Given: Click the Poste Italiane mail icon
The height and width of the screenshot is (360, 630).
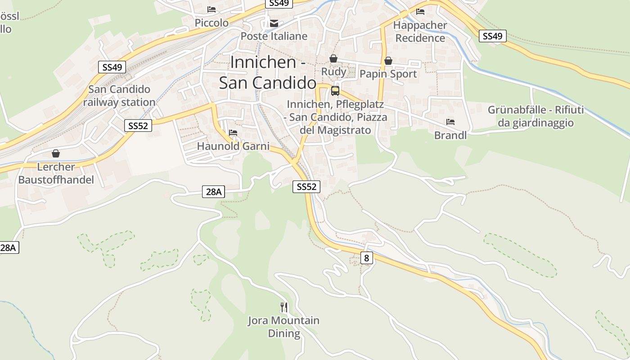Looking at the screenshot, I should coord(274,23).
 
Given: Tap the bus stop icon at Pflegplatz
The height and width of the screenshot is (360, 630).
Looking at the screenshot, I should coord(335,90).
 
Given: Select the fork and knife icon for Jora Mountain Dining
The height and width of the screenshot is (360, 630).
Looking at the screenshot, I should coord(284,307).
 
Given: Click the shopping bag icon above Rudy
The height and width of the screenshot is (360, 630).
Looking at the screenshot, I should coord(333,58).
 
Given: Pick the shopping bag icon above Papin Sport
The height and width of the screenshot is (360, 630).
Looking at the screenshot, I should coord(388,61).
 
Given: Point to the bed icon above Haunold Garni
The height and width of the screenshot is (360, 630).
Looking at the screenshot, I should coord(233,133).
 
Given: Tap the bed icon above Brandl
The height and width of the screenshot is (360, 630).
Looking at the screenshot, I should coord(450,122).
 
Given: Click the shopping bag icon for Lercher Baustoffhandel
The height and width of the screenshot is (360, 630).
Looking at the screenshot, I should coord(56,153).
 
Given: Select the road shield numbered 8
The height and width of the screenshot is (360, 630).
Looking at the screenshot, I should coord(367,258).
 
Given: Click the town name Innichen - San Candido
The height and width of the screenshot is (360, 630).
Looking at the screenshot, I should coord(268,72).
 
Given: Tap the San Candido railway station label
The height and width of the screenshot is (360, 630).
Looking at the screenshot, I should coord(119,96).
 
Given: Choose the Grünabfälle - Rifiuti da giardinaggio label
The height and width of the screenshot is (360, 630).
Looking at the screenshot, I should coord(535,116).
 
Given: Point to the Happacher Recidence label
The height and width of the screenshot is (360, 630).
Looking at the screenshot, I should coord(420,31).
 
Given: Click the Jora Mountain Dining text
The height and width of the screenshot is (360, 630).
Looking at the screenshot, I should coord(284,327).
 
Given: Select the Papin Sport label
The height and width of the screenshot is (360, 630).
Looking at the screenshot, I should coord(388,74).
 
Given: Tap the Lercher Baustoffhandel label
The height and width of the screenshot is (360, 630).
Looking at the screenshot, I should coord(56,173).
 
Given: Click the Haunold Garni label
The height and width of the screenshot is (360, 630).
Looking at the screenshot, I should coord(233,146).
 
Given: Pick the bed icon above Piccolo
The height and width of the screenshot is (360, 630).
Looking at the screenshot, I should coord(211,9).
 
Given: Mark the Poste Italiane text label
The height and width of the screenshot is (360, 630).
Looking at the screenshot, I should coord(274,36).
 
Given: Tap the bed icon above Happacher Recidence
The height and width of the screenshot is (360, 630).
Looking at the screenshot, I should coord(420,12).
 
